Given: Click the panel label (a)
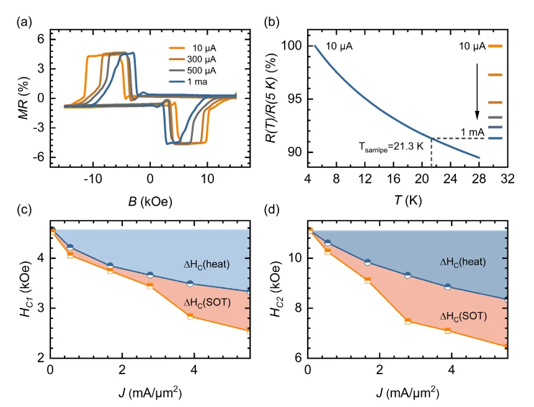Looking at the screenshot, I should [24, 22].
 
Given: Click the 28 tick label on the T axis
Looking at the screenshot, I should [479, 178].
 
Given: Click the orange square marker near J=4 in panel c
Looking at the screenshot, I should [190, 316].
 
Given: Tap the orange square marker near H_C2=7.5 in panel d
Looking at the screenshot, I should [407, 321].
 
